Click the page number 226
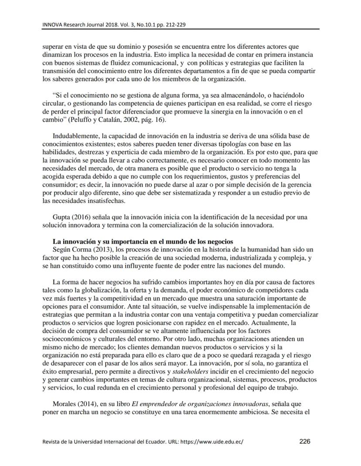(x=304, y=441)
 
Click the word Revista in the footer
(x=52, y=442)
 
